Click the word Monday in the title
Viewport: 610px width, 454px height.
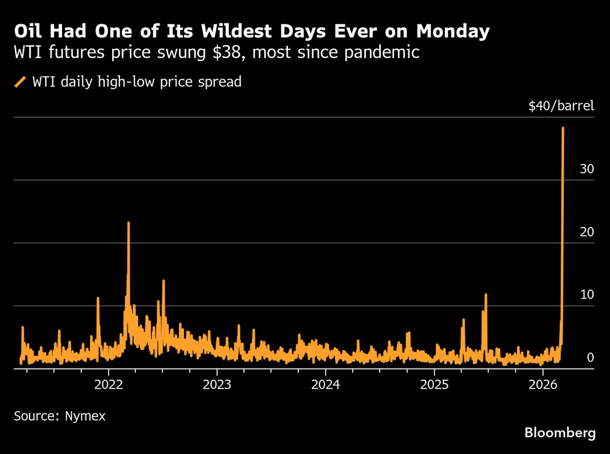tap(453, 32)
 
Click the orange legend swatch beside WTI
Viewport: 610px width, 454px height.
tap(21, 81)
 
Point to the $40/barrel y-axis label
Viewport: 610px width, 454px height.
tap(561, 106)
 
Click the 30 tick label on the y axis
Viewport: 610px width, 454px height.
tap(587, 169)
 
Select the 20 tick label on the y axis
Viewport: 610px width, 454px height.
tap(587, 232)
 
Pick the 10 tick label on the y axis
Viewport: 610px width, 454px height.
tap(587, 295)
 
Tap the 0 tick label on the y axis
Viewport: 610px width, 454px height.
tap(590, 357)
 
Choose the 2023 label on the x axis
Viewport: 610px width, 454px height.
tap(217, 384)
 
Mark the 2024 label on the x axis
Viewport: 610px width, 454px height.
tap(326, 384)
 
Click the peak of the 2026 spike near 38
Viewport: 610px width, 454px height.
tap(563, 128)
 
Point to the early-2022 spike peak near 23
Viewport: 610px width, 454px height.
tap(129, 222)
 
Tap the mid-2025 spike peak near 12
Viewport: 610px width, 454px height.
tap(486, 295)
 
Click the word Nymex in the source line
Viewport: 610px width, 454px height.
tap(85, 416)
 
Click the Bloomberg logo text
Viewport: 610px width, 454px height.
tap(560, 433)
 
